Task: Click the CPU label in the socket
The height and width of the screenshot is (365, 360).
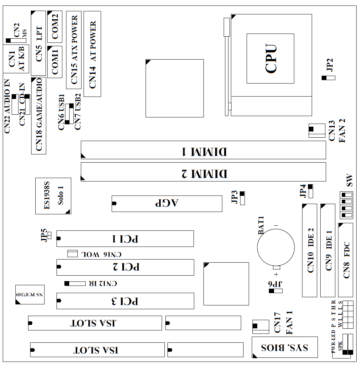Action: (x=271, y=59)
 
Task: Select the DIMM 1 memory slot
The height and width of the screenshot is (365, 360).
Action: (x=203, y=150)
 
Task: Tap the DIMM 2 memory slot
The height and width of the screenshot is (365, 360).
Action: (x=203, y=172)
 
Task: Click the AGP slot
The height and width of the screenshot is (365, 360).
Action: (x=167, y=204)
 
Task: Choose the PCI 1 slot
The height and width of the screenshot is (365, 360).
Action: (x=125, y=239)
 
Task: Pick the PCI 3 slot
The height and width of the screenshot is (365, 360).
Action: (x=125, y=301)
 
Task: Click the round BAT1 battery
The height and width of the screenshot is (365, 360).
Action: (x=276, y=248)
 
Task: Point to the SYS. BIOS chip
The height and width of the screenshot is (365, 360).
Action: (x=285, y=347)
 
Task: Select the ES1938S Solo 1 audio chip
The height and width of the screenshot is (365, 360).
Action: (x=53, y=196)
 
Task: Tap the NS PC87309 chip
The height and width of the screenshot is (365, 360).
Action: (x=30, y=294)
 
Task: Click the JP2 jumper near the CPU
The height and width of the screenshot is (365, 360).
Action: (x=328, y=78)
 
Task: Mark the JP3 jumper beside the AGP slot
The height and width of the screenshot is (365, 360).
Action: (x=243, y=198)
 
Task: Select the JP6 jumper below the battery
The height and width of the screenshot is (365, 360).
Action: (x=276, y=291)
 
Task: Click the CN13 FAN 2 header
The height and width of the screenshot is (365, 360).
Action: (x=317, y=130)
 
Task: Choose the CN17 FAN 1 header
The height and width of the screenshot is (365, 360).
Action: (x=261, y=327)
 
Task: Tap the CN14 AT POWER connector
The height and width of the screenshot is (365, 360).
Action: (x=92, y=54)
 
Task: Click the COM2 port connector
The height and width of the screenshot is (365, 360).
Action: (x=55, y=27)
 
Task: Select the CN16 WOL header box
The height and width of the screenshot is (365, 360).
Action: (x=73, y=253)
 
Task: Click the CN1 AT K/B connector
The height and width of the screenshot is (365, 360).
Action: (x=16, y=59)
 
